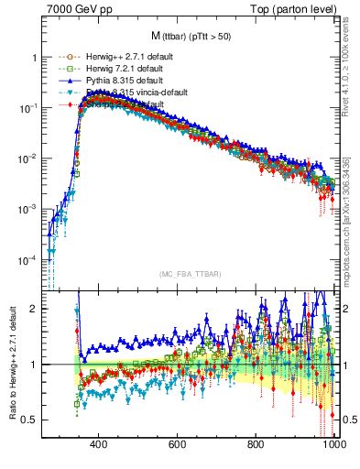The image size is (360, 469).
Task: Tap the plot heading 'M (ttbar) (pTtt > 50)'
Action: click(x=191, y=38)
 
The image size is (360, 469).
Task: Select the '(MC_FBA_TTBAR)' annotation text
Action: click(x=190, y=274)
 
